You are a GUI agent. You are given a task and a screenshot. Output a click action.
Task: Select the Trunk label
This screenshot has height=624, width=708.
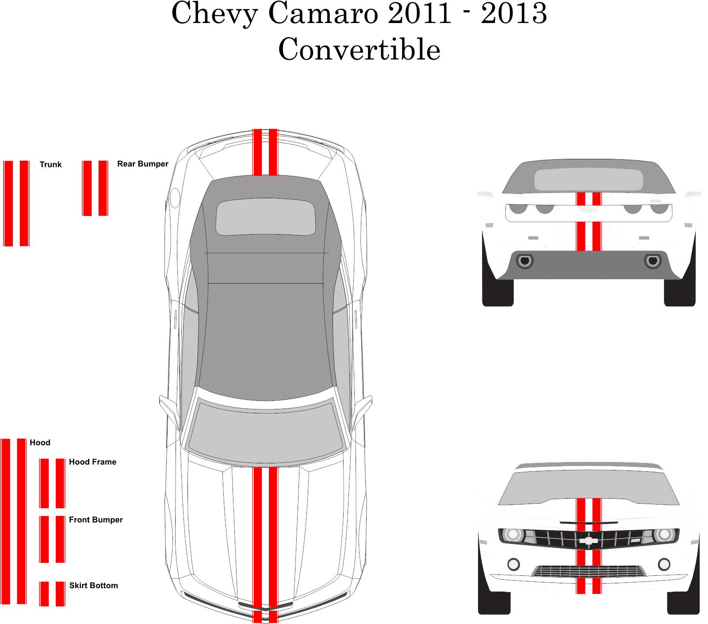click(x=50, y=165)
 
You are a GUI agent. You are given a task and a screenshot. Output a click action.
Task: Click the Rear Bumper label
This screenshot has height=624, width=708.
click(x=143, y=164)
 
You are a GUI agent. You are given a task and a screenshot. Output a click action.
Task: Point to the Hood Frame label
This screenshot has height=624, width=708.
click(x=92, y=462)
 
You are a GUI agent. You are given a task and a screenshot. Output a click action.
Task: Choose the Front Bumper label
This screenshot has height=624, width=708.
click(x=96, y=520)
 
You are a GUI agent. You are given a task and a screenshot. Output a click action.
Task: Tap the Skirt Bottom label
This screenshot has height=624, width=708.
click(x=93, y=585)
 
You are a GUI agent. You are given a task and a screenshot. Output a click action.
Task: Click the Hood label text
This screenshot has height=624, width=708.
click(x=40, y=443)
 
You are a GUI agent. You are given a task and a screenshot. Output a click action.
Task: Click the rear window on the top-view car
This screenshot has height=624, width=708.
click(x=265, y=217)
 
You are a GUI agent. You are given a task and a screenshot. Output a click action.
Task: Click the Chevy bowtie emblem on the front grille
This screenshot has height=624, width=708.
click(x=589, y=540)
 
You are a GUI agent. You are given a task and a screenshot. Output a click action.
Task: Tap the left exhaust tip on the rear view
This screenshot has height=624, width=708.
click(x=525, y=261)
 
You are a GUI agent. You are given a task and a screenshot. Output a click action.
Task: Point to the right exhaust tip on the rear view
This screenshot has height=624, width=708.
click(x=653, y=261)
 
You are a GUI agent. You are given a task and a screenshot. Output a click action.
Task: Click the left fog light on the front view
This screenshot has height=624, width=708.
click(x=513, y=564)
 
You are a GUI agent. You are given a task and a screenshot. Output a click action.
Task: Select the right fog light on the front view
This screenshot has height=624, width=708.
click(x=664, y=564)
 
